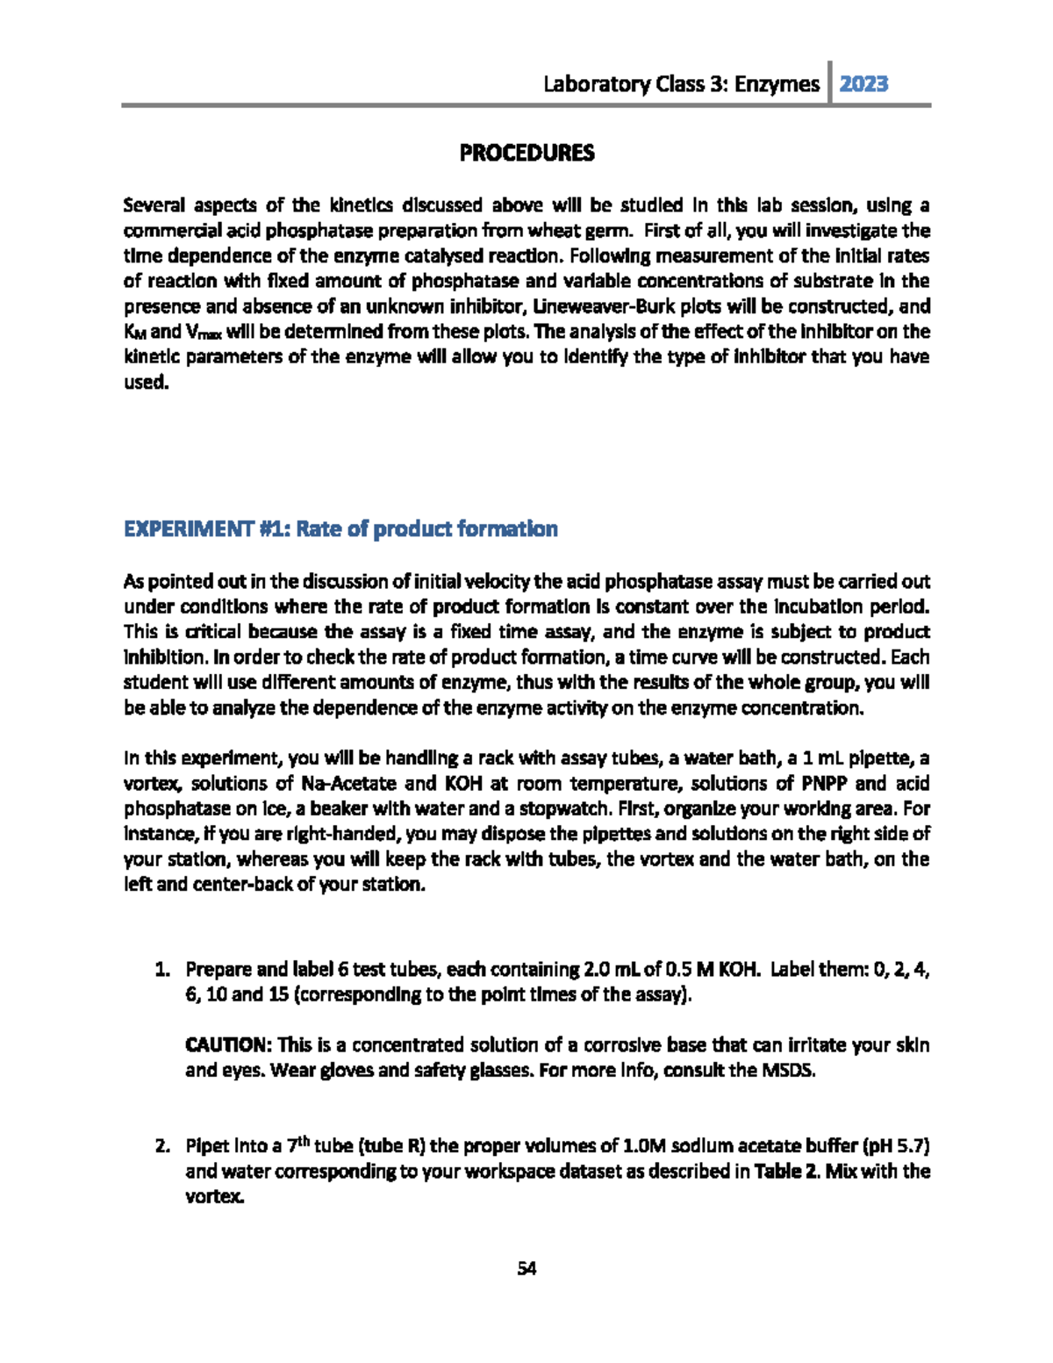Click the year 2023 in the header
(x=863, y=84)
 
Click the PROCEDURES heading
(x=526, y=153)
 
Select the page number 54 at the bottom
(x=526, y=1268)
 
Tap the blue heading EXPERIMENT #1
(x=340, y=529)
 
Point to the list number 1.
(x=161, y=970)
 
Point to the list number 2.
(x=161, y=1146)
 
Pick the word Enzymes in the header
(x=777, y=84)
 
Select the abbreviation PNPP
(x=823, y=783)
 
